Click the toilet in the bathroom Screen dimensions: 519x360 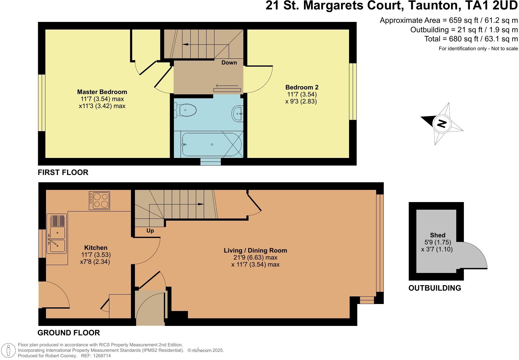[185, 110]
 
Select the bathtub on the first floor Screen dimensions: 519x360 [212, 145]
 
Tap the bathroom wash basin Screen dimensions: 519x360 [238, 114]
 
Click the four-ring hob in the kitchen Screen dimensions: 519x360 [99, 201]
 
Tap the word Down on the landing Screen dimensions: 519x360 [229, 62]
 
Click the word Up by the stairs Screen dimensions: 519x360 [150, 231]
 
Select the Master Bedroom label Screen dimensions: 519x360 [102, 92]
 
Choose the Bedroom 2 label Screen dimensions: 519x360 [302, 87]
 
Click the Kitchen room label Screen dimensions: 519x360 [96, 247]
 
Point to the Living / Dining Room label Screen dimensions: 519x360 [255, 250]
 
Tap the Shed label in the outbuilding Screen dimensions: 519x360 [438, 235]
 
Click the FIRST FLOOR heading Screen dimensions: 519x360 [63, 173]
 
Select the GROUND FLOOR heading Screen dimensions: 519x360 [69, 333]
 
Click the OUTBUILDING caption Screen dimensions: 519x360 [435, 288]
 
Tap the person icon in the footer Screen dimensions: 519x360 [8, 350]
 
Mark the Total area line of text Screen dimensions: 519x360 [471, 39]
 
